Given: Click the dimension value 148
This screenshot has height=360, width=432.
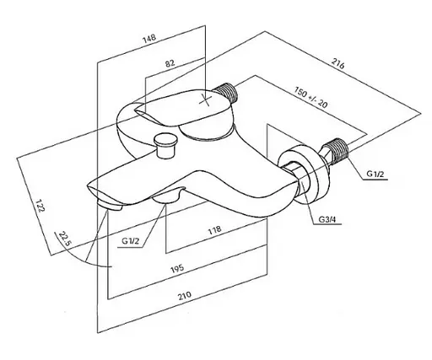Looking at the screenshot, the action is [x=149, y=39].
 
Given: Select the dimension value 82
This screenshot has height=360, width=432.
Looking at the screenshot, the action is [x=170, y=63].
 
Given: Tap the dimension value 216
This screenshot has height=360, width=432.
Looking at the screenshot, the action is [x=337, y=63].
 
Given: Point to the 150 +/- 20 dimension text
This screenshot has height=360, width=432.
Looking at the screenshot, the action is [x=311, y=97].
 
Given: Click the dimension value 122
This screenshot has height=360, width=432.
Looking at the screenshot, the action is [x=40, y=206].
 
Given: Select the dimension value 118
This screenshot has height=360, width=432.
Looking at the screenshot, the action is [x=214, y=230].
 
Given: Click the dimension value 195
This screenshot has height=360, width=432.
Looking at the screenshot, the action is [x=177, y=268].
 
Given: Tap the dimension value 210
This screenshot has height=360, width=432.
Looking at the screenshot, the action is [x=184, y=295].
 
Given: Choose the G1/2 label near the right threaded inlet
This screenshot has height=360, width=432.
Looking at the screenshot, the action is [x=375, y=174].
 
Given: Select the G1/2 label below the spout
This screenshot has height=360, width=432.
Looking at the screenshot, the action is [x=131, y=241].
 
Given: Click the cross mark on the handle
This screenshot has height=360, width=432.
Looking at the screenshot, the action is [x=205, y=99].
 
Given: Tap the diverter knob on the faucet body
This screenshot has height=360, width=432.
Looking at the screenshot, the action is [x=165, y=146].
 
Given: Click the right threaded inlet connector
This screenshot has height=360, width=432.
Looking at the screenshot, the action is [x=336, y=152].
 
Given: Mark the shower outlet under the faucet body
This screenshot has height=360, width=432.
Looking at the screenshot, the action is [x=168, y=195].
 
